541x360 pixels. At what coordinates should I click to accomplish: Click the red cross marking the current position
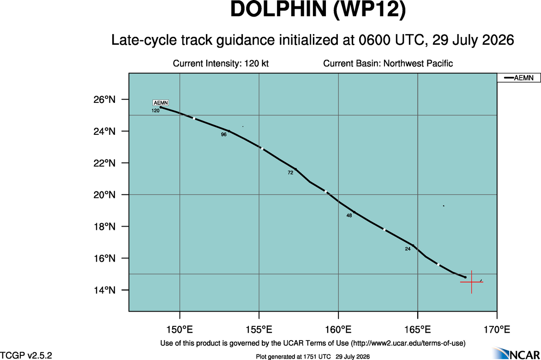[x=471, y=282]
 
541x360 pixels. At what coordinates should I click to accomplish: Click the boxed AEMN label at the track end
[x=161, y=103]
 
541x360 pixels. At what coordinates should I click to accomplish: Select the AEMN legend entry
[x=518, y=78]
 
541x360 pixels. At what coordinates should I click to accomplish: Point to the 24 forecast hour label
[x=408, y=249]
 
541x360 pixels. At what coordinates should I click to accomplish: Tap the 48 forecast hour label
[x=349, y=216]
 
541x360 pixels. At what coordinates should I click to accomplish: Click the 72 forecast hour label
[x=290, y=173]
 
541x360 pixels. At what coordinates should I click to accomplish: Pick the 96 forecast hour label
[x=224, y=134]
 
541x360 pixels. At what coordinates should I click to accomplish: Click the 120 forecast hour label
[x=156, y=111]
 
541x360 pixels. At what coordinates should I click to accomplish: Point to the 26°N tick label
[x=104, y=100]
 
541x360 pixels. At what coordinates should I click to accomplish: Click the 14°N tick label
[x=104, y=290]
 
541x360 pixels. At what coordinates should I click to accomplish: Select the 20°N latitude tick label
[x=104, y=195]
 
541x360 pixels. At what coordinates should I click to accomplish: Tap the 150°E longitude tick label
[x=180, y=330]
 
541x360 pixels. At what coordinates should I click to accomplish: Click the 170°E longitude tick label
[x=497, y=330]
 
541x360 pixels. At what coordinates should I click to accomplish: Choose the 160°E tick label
[x=338, y=330]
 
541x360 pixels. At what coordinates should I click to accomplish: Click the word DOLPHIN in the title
[x=278, y=9]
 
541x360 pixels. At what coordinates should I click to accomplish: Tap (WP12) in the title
[x=370, y=10]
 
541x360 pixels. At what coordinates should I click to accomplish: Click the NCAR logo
[x=516, y=353]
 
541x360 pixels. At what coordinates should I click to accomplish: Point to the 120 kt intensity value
[x=256, y=63]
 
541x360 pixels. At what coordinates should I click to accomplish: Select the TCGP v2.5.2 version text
[x=26, y=355]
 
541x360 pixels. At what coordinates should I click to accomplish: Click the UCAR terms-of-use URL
[x=408, y=343]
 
